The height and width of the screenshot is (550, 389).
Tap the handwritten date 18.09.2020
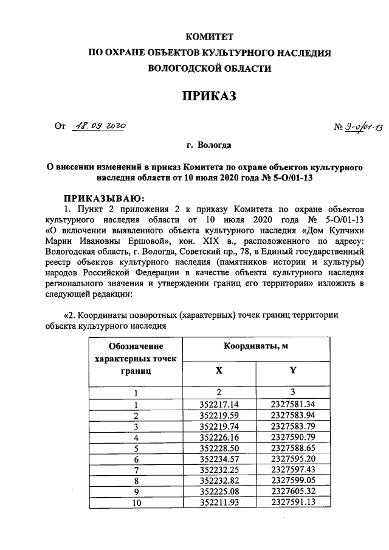(x=98, y=126)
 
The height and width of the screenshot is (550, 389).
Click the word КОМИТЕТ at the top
(x=209, y=37)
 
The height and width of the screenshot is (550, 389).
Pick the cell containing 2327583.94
(x=293, y=416)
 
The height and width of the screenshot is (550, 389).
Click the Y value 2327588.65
(x=293, y=449)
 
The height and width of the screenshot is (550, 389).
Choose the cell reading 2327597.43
(x=293, y=470)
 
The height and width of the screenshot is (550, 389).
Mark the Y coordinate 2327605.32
(x=293, y=492)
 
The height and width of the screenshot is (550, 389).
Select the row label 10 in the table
(x=136, y=503)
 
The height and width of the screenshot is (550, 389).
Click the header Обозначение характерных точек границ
(x=136, y=358)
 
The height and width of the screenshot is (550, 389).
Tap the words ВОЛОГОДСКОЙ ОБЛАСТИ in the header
(x=209, y=69)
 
